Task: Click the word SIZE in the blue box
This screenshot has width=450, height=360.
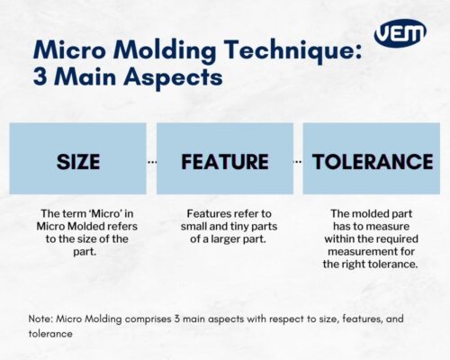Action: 78,162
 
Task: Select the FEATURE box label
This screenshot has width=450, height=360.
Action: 224,162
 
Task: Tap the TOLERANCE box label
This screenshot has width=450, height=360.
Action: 371,162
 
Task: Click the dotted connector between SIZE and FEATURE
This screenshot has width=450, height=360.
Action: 151,162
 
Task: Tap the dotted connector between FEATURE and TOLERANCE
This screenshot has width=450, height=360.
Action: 298,162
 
